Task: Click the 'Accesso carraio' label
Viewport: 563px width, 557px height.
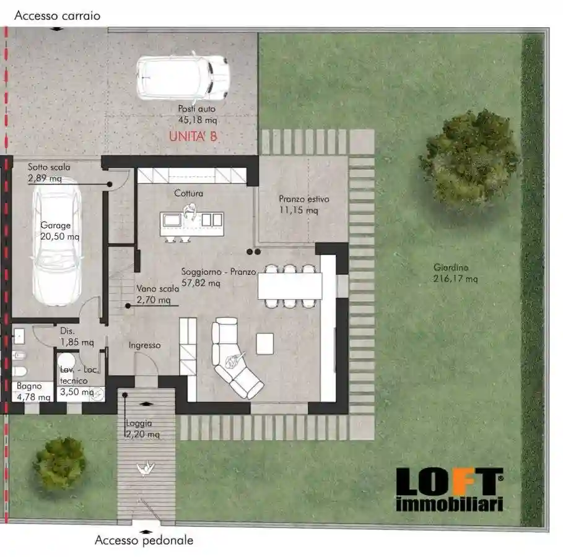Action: click(57, 15)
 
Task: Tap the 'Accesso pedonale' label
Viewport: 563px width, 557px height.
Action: click(144, 540)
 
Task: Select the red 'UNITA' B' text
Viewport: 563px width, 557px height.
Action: click(193, 137)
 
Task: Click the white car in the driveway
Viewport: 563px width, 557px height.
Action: click(183, 78)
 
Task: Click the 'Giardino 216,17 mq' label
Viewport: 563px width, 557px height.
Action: click(455, 273)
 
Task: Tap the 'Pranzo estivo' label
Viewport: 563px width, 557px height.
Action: click(303, 205)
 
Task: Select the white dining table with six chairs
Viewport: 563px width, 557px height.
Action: click(290, 286)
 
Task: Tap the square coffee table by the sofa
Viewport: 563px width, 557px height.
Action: click(264, 343)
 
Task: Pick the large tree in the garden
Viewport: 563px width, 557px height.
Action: click(470, 158)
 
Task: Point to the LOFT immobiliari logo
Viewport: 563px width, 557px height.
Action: click(449, 489)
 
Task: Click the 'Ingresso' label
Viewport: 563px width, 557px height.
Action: click(144, 345)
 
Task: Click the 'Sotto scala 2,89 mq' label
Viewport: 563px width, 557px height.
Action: click(49, 173)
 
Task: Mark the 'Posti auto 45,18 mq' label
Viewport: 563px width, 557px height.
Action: click(198, 114)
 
